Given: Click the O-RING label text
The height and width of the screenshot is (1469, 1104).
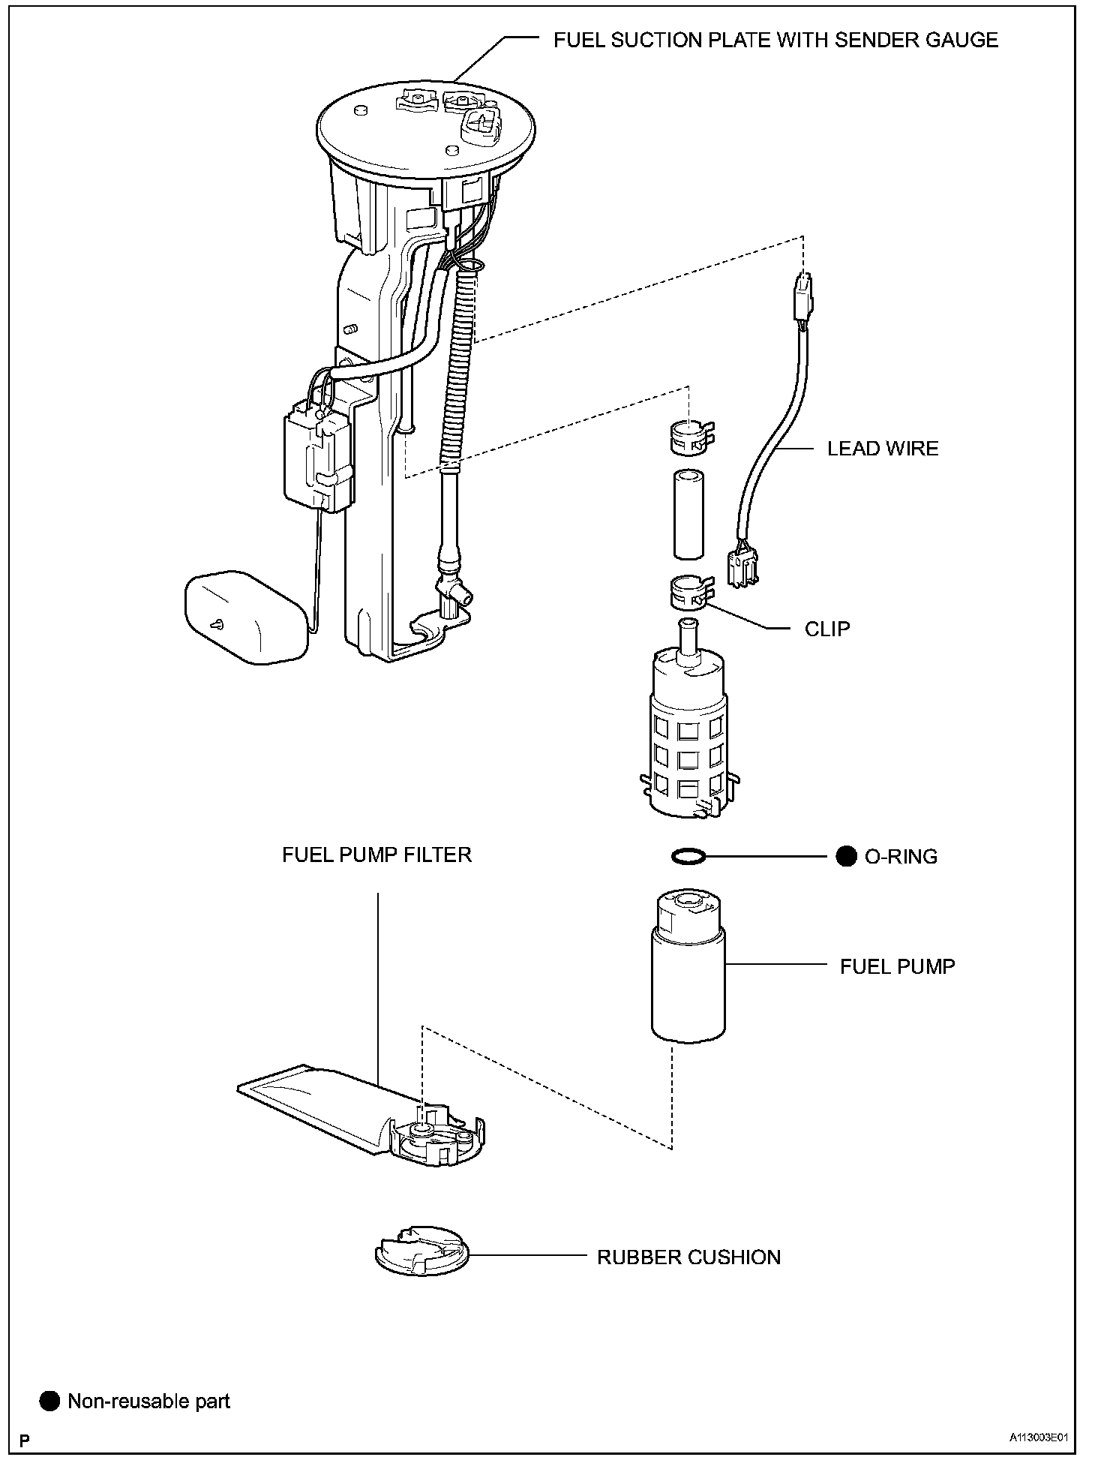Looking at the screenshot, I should [x=901, y=857].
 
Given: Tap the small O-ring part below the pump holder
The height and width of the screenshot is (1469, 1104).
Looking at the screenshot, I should [x=688, y=856].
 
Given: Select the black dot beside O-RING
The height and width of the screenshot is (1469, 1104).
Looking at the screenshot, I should [x=846, y=856].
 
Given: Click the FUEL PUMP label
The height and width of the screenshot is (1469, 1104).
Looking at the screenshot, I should [x=897, y=966].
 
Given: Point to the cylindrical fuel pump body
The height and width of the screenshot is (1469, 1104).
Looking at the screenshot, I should [x=688, y=983].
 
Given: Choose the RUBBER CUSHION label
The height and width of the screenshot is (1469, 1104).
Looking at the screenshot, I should [x=688, y=1257].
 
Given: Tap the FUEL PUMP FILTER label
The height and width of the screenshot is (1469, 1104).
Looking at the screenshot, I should [x=376, y=855].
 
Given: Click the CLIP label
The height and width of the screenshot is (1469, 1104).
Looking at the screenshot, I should [x=827, y=629].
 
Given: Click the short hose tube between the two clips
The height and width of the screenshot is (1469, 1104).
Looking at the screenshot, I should [x=688, y=515].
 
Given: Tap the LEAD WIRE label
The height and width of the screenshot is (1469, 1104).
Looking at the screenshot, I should [x=883, y=449].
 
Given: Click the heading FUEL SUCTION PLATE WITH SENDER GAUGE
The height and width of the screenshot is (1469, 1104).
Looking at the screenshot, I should [x=775, y=41].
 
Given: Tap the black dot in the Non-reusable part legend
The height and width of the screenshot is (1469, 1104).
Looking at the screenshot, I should [x=50, y=1401].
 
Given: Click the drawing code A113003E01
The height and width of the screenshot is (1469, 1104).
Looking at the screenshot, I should [x=1037, y=1439].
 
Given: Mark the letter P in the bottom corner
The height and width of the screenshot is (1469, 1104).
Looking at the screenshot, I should [x=25, y=1440].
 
